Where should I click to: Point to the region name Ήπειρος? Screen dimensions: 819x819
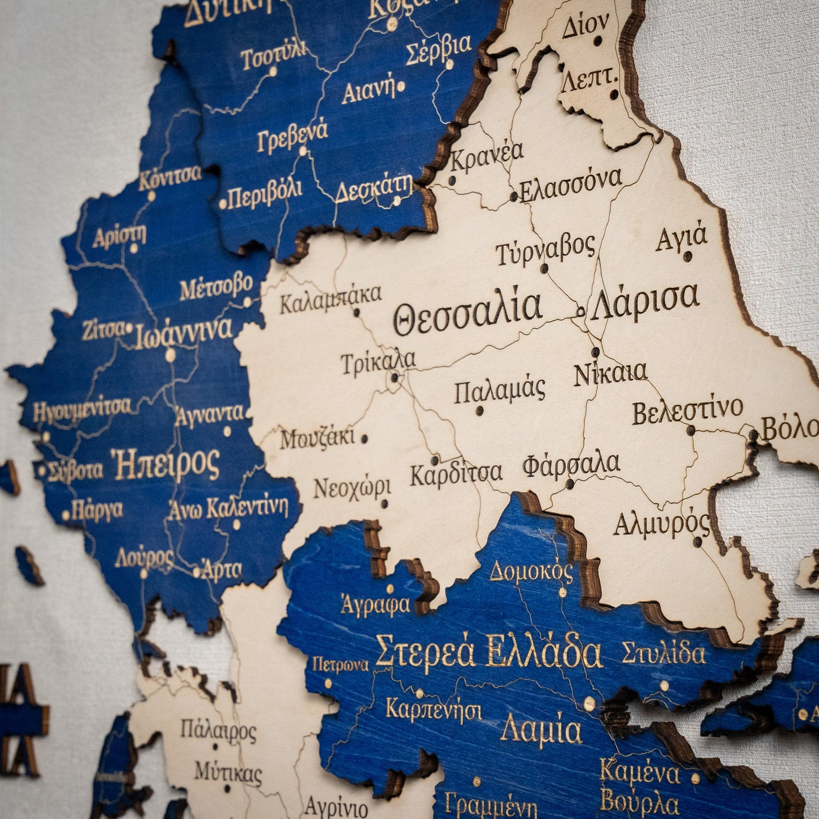point(166,465)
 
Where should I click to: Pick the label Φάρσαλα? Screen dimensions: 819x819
point(571,465)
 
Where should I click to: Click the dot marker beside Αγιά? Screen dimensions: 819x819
point(688,256)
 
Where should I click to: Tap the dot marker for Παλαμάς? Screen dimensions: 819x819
point(479,411)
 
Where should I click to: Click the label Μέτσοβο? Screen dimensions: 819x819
point(216,287)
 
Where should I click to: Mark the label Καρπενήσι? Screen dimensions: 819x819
point(434,710)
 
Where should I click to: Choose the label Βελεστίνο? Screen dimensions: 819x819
point(688,410)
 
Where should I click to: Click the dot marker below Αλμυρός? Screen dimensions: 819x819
point(698,542)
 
